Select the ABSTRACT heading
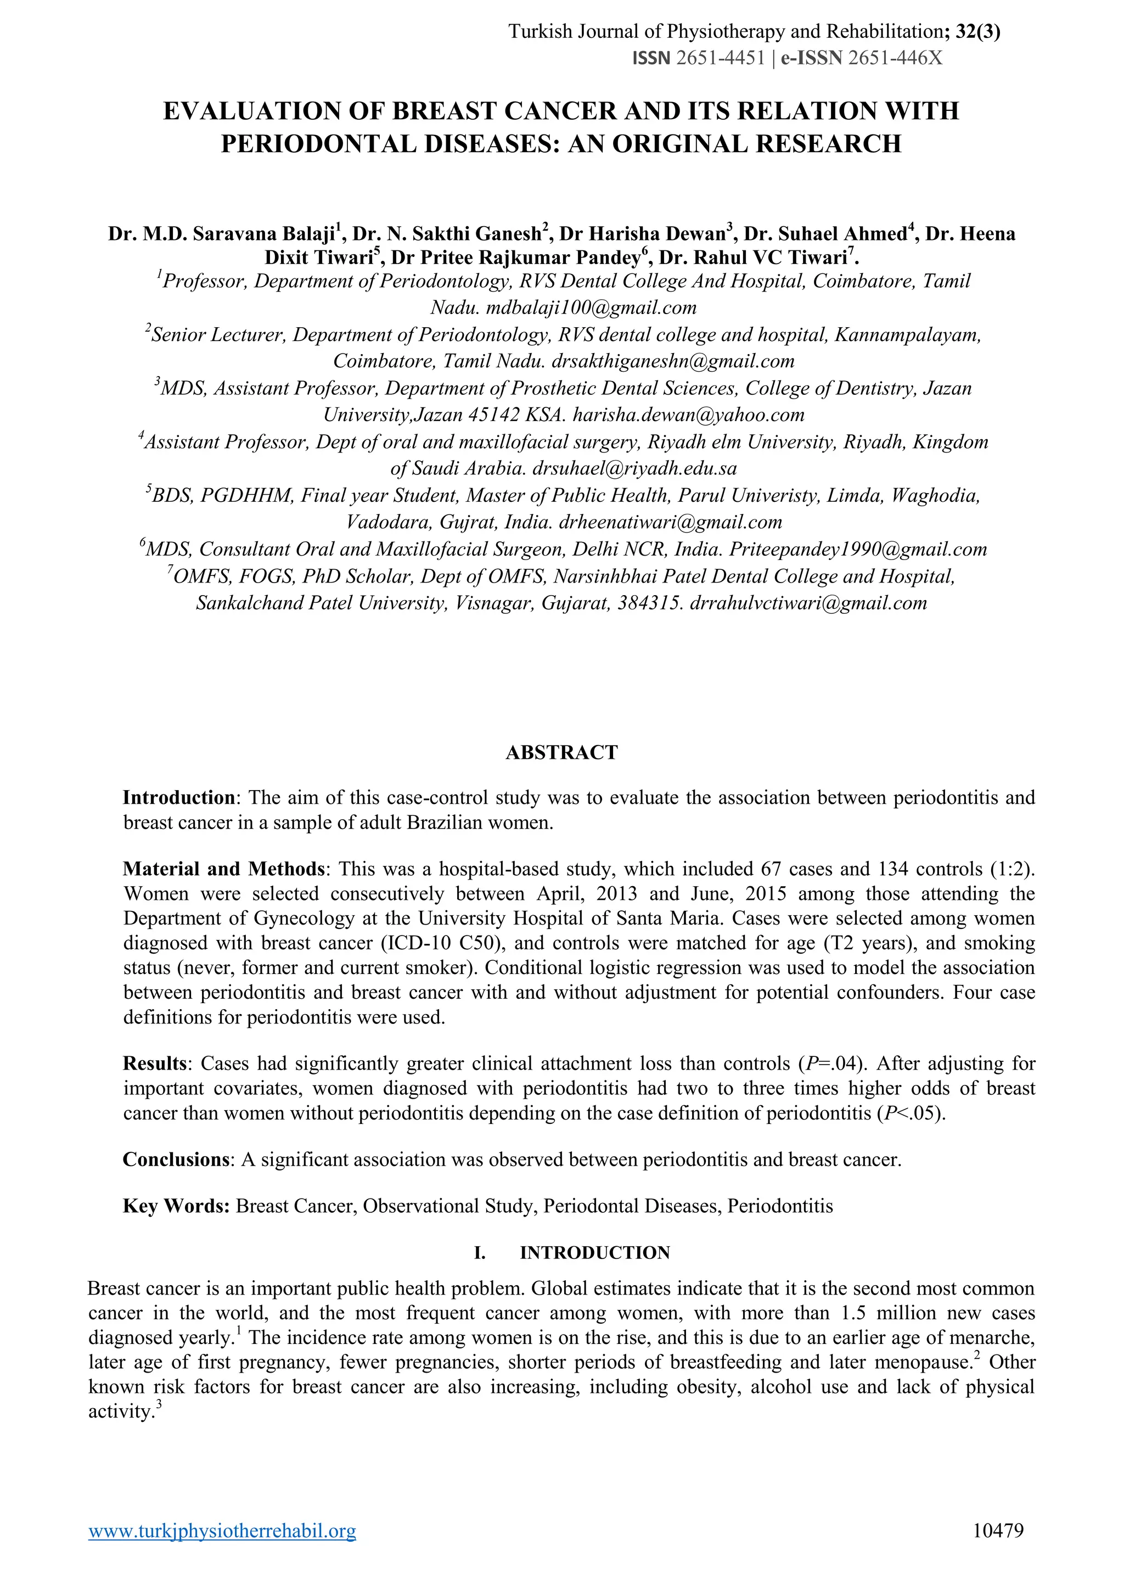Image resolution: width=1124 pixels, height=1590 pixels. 561,752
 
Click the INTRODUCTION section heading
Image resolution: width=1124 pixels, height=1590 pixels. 594,1252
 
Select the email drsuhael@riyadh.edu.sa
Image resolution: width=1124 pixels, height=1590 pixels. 634,468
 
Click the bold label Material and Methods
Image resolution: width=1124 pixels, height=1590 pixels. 223,869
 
